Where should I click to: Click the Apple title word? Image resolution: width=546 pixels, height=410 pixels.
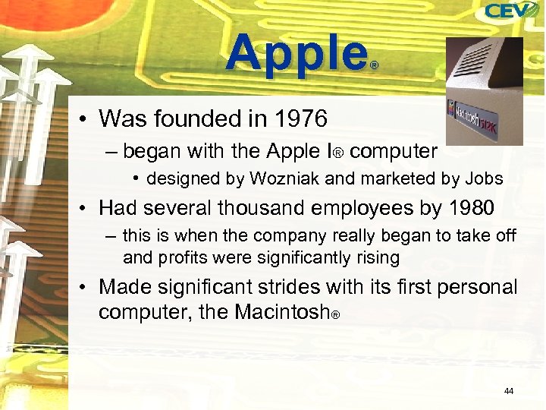296,55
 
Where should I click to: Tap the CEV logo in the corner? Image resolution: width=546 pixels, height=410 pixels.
511,11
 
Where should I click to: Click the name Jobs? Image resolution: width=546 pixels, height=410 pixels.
482,179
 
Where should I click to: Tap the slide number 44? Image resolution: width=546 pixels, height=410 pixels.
508,391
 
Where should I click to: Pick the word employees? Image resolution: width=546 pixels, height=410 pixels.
360,207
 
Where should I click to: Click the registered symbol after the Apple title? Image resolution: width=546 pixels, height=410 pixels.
373,66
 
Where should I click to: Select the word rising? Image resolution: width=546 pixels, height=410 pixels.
375,257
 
